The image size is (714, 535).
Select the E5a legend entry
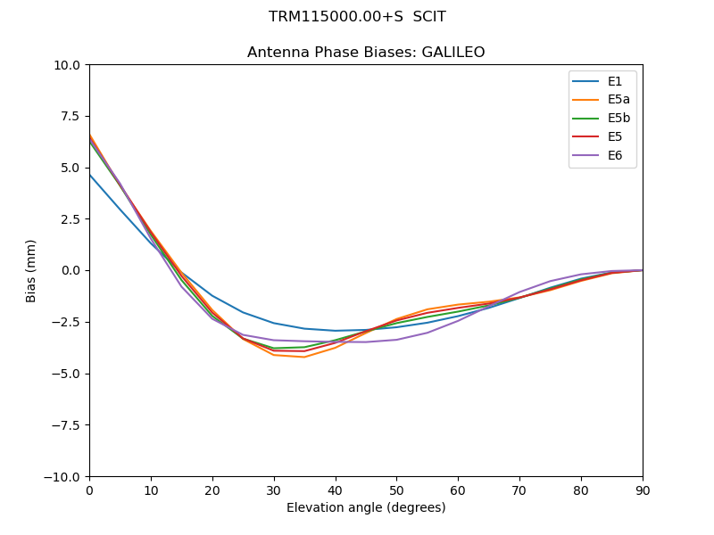619,100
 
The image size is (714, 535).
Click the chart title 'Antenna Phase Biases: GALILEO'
366,53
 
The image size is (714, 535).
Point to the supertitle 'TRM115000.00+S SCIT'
357,17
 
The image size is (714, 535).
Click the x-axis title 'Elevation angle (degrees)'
366,508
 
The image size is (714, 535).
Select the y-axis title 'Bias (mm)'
31,270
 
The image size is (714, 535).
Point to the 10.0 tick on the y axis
69,65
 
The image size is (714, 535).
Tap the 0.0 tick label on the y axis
71,271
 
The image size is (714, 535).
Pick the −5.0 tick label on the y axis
67,374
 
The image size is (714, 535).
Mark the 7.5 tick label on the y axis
71,116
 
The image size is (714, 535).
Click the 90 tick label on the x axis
643,490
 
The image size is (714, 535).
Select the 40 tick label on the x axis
336,490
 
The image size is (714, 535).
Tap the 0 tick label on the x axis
89,490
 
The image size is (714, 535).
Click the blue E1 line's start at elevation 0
89,174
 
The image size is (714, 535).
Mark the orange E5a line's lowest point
304,358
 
